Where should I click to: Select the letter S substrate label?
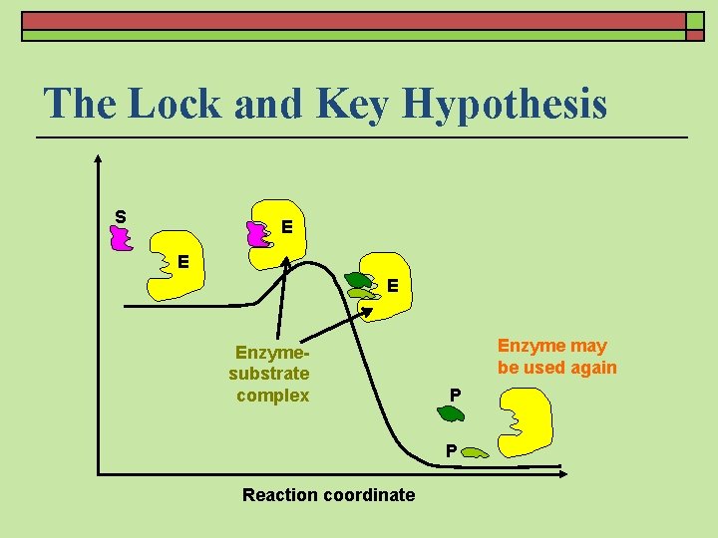pos(120,216)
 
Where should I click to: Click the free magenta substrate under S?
pos(122,238)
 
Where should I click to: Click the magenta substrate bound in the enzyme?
pos(258,234)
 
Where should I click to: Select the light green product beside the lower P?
pos(475,453)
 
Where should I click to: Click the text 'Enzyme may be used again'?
pos(556,357)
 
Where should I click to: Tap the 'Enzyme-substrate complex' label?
pos(270,374)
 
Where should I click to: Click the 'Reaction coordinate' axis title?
pos(328,495)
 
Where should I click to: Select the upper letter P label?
pos(455,395)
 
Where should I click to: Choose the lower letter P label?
pos(452,450)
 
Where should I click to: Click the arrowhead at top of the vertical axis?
pos(98,156)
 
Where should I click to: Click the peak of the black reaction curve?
pos(316,265)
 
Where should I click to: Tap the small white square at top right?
pos(694,20)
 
